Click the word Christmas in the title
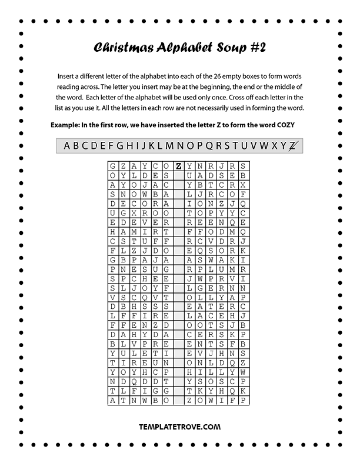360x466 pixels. (x=123, y=48)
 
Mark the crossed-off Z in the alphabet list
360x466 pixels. (x=293, y=146)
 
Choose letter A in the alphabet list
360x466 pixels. (x=67, y=146)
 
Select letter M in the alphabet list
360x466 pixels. (x=169, y=146)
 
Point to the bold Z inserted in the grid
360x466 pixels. (x=178, y=167)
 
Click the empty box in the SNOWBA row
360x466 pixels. (x=178, y=194)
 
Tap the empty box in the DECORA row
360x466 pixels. (x=178, y=204)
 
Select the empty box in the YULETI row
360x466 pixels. (x=178, y=353)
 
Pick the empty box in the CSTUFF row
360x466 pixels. (x=178, y=241)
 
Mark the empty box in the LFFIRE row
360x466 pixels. (x=178, y=315)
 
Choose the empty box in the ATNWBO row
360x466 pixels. (x=178, y=400)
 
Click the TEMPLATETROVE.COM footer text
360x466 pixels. (x=179, y=427)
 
